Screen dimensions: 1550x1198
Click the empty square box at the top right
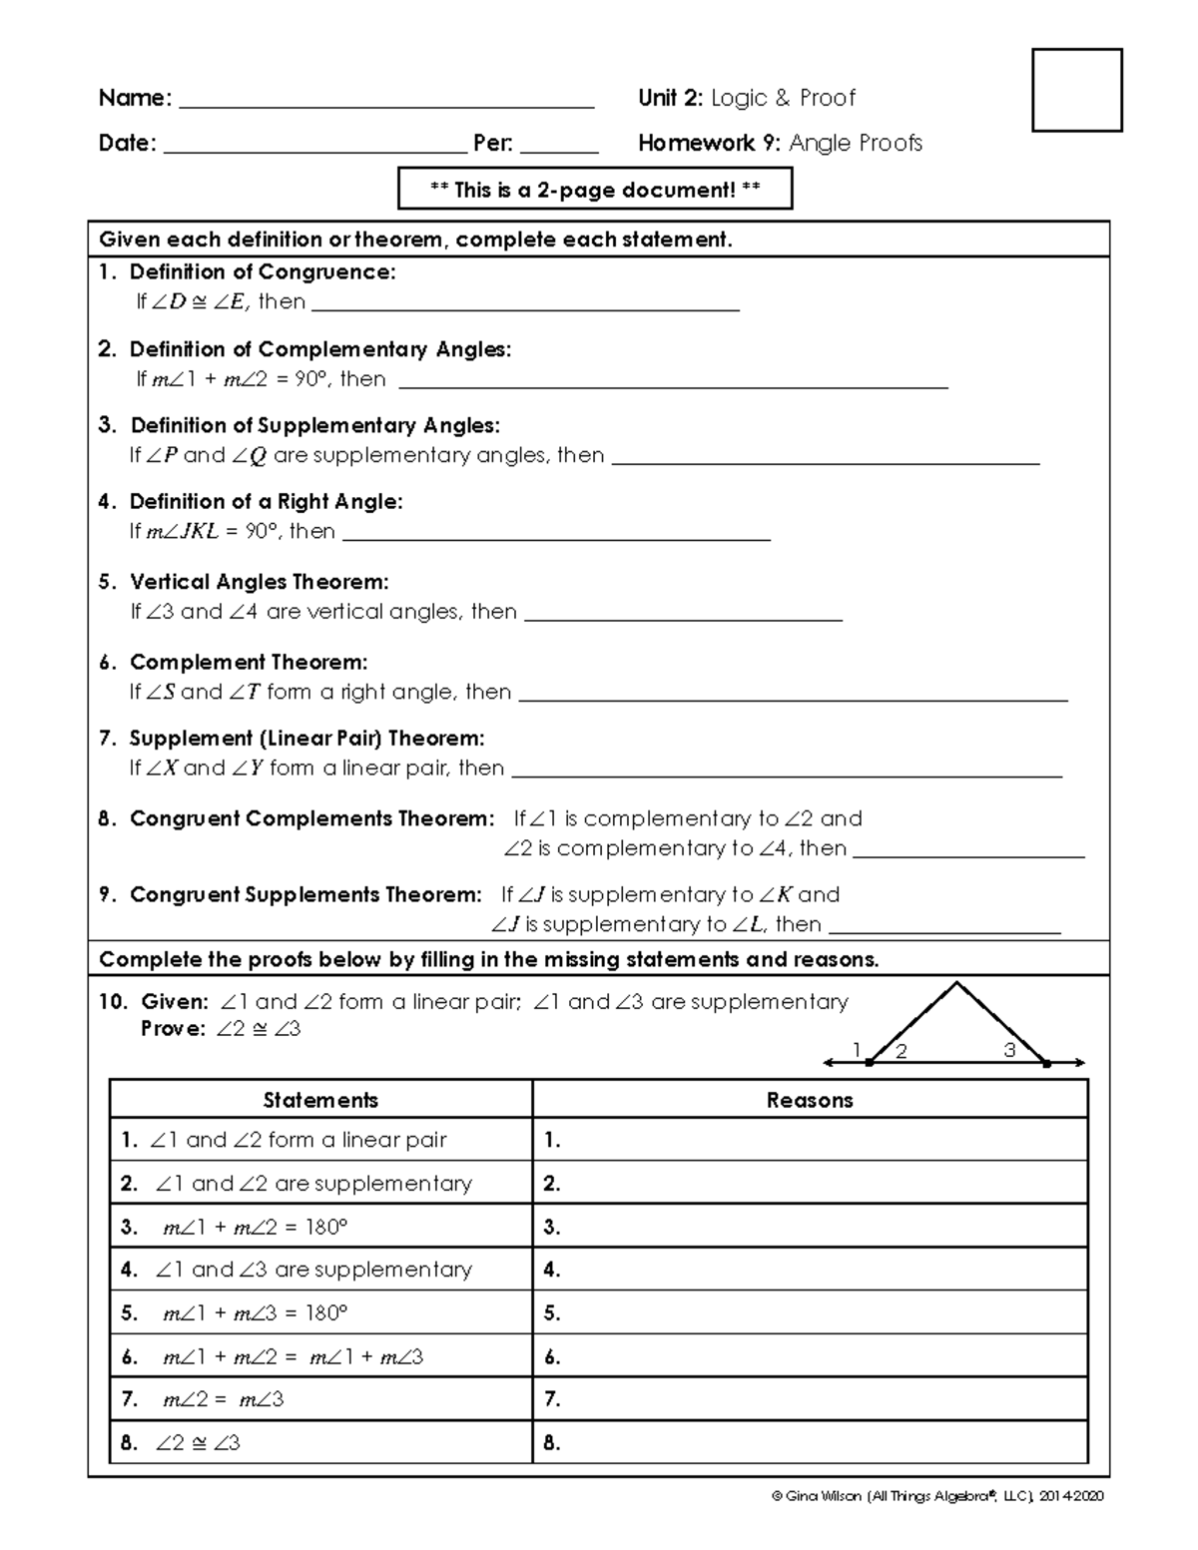pos(1076,90)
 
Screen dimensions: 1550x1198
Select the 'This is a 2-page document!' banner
pos(595,190)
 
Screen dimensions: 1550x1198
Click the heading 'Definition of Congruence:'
pos(263,272)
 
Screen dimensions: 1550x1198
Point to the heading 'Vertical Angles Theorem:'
pos(260,582)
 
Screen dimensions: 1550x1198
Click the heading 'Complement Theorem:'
pos(249,663)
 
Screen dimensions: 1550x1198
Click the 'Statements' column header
pos(320,1100)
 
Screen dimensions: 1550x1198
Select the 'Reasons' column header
pos(810,1100)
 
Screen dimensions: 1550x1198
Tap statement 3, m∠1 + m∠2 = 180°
pos(255,1228)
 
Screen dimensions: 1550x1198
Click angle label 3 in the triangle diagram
pos(1009,1049)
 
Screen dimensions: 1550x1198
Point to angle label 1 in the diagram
pos(856,1049)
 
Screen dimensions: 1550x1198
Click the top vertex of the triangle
pos(957,985)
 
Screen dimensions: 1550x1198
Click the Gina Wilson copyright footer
pos(937,1496)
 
